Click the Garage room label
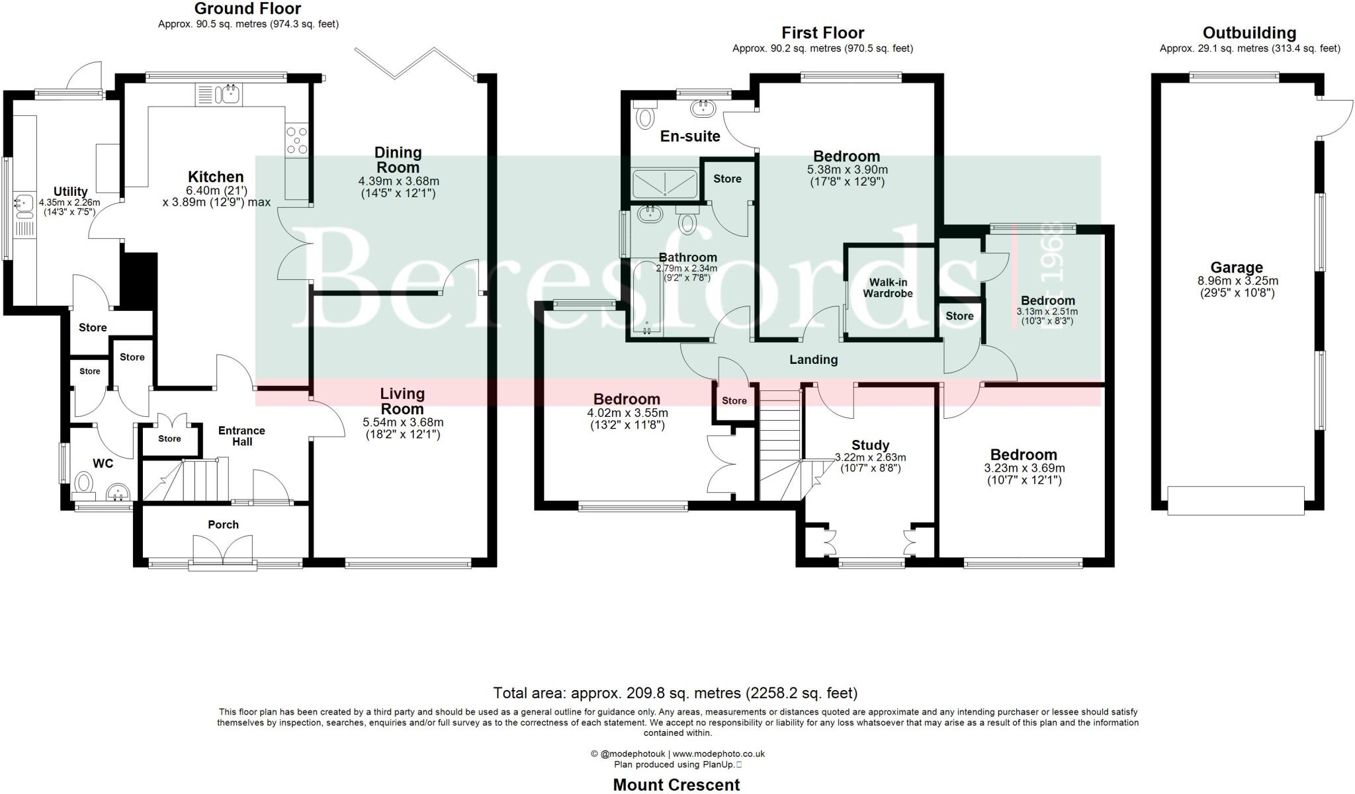coord(1236,268)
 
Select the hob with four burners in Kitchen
coord(297,141)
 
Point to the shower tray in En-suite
coord(664,184)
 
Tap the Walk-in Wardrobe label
coord(888,288)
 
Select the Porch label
coord(223,525)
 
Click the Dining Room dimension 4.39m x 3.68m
coord(398,181)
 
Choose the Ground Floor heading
coord(247,9)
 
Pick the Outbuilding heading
coord(1249,33)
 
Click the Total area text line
coord(675,693)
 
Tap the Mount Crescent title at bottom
coord(676,785)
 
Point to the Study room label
coord(870,445)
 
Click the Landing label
coord(813,360)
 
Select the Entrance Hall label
coord(241,436)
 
